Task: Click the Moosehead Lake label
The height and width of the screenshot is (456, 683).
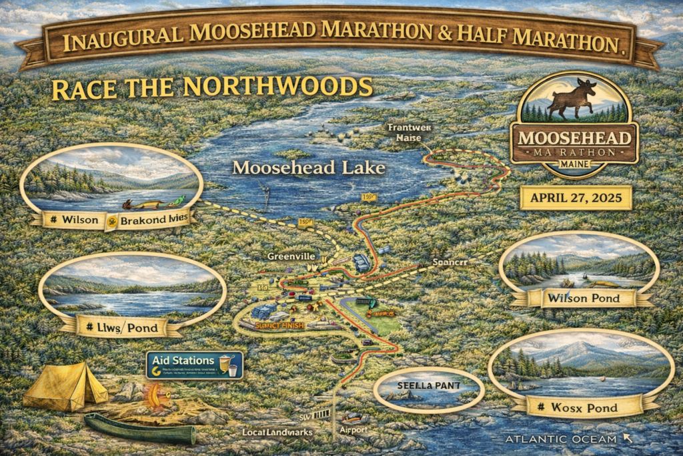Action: tap(309, 168)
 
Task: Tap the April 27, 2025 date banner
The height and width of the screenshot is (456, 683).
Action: tap(574, 198)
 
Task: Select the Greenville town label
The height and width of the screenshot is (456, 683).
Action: tap(289, 256)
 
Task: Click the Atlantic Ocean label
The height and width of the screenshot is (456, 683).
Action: tap(563, 439)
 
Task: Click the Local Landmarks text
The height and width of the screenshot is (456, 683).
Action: tap(277, 433)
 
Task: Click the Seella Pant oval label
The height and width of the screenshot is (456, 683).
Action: tap(427, 387)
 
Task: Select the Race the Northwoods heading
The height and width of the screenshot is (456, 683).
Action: tap(211, 87)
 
